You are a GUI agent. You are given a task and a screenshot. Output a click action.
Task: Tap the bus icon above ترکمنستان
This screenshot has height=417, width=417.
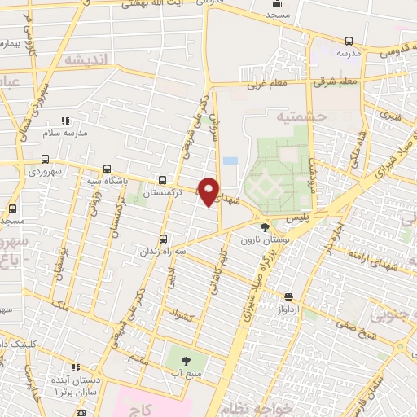point(164,180)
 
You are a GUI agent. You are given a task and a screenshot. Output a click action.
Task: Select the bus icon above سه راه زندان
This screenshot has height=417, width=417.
point(164,239)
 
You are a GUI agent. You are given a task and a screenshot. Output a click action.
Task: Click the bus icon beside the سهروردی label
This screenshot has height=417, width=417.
point(45,160)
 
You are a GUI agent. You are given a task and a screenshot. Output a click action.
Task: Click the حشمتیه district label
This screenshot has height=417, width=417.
point(301,116)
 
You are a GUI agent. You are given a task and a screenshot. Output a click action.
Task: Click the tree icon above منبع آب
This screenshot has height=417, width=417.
point(184,359)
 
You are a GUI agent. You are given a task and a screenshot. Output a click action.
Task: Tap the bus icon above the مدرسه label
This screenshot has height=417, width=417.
point(349,41)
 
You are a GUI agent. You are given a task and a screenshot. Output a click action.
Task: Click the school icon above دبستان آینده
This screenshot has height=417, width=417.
point(76,367)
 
